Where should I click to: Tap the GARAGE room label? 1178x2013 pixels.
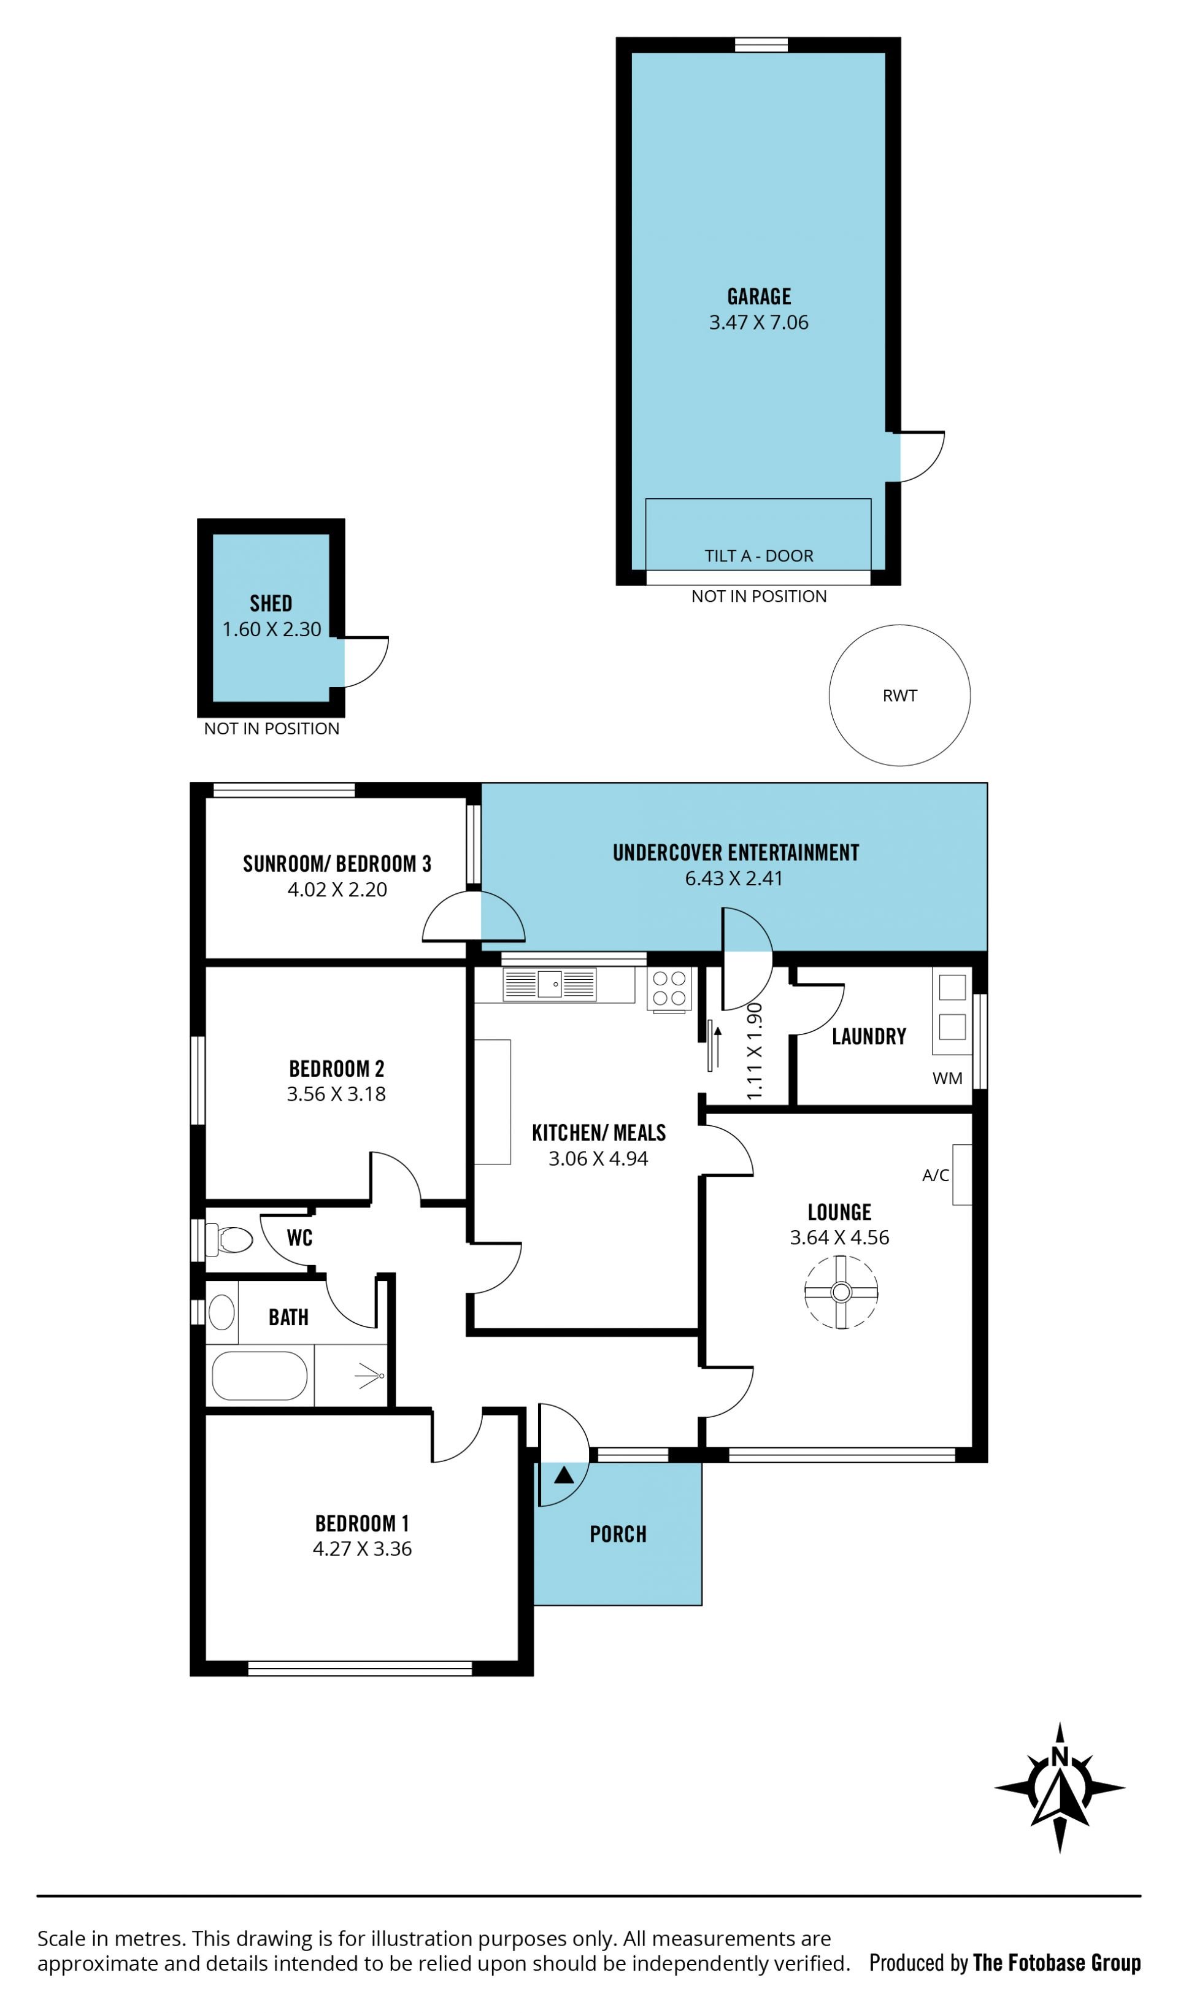pos(759,296)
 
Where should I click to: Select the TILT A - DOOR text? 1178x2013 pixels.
pos(759,556)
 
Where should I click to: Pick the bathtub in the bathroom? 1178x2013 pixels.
pos(260,1376)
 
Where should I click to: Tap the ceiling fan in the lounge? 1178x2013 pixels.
pos(841,1291)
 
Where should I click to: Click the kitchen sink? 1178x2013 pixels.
pos(550,984)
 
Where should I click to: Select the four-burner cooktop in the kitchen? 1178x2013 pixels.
pos(669,988)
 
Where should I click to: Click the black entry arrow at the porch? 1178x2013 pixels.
pos(564,1474)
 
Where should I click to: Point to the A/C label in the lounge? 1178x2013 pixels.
pos(935,1175)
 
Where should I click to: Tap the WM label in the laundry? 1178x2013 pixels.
pos(947,1079)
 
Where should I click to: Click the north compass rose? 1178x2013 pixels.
pos(1060,1788)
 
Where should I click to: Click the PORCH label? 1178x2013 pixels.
pos(618,1534)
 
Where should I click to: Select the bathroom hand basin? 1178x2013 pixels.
pos(221,1312)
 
